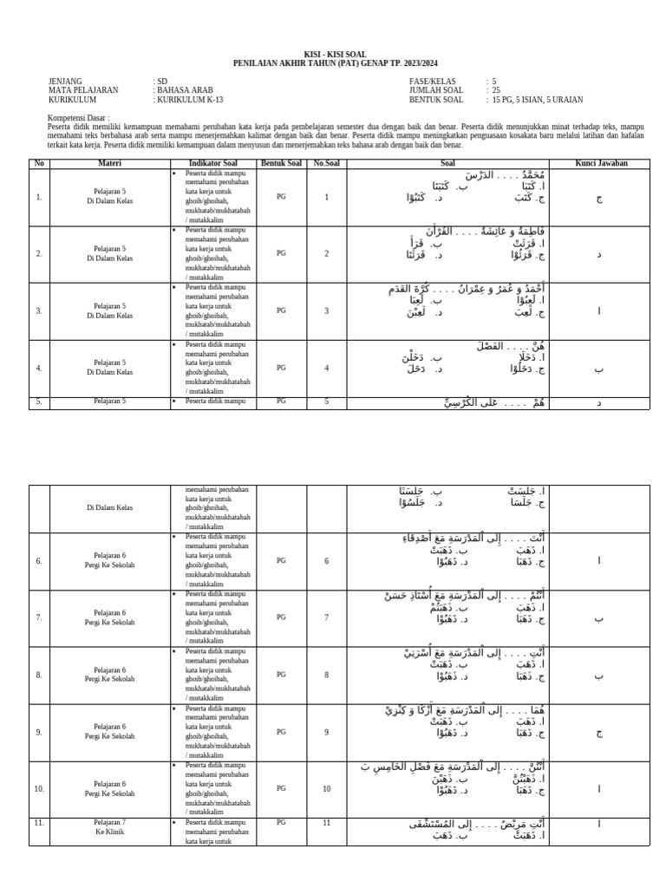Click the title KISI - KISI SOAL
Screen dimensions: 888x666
coord(333,54)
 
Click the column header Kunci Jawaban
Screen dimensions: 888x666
coord(601,163)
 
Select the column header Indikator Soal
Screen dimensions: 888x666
coord(212,163)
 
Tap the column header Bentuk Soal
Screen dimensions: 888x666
coord(281,163)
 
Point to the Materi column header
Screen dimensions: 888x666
coord(109,163)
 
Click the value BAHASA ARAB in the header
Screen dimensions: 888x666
coord(184,90)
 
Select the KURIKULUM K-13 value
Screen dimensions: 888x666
coord(189,100)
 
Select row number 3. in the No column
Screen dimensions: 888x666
coord(39,311)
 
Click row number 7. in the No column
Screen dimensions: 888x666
coord(39,617)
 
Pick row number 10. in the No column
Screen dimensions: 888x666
coord(39,789)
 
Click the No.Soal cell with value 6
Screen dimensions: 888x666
coord(326,561)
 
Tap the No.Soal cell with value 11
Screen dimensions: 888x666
coord(326,822)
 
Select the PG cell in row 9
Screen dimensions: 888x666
coord(281,732)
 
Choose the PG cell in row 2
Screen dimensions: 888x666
coord(281,254)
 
